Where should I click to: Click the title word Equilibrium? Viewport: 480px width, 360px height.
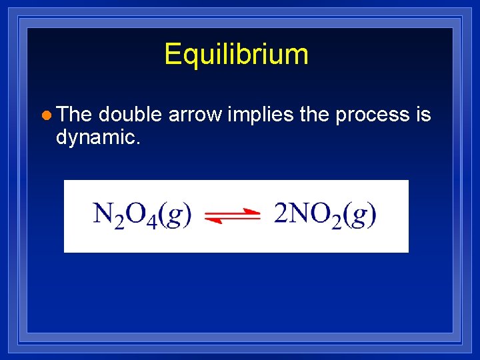(x=236, y=54)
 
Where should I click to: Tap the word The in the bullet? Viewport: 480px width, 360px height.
(x=74, y=115)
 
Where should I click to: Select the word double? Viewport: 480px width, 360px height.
(x=130, y=115)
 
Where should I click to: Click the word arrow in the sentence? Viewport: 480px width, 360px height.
(x=195, y=115)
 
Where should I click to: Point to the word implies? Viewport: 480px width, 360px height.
(x=261, y=115)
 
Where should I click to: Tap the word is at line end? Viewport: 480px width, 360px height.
(x=423, y=115)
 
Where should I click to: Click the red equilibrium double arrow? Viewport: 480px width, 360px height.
(x=232, y=215)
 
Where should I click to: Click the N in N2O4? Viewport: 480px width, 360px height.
(x=104, y=213)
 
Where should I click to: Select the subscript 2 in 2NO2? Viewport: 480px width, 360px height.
(x=336, y=222)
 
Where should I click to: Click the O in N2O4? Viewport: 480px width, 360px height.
(x=135, y=213)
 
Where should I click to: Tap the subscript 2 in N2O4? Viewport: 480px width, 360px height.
(x=120, y=222)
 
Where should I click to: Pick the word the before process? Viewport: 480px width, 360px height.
(x=315, y=115)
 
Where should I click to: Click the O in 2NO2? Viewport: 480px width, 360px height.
(x=320, y=213)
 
